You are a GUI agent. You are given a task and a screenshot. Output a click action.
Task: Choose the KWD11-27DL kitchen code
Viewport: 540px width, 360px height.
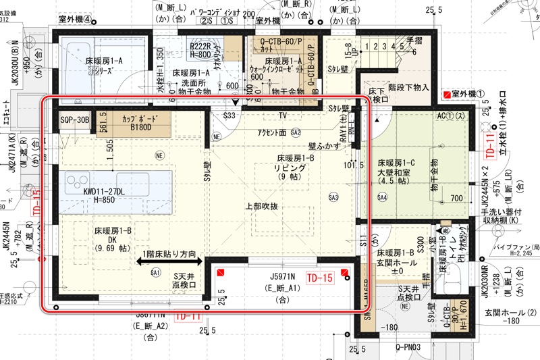[104, 190]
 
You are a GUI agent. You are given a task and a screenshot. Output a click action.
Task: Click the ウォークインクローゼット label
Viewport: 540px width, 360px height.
[275, 68]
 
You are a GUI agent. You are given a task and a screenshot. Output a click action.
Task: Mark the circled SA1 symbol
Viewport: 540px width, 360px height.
[155, 273]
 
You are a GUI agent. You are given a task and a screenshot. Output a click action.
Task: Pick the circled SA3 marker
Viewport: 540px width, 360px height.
[333, 197]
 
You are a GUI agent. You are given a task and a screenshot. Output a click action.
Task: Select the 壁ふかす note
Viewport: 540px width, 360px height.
[323, 145]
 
